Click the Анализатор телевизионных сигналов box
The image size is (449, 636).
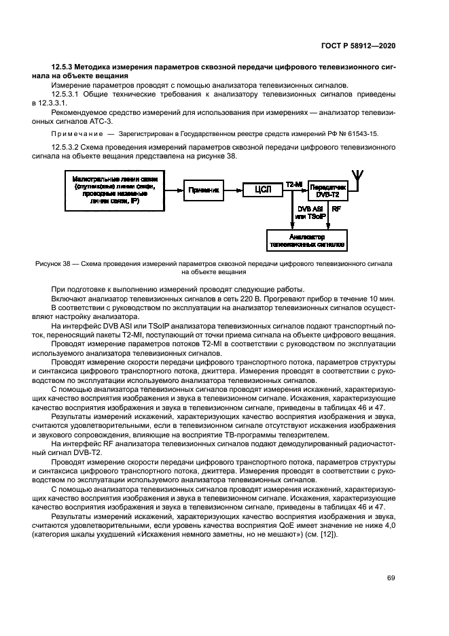point(307,239)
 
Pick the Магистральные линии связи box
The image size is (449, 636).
point(115,190)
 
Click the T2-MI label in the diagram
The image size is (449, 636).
point(293,184)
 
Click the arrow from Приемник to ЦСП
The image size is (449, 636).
point(234,191)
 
